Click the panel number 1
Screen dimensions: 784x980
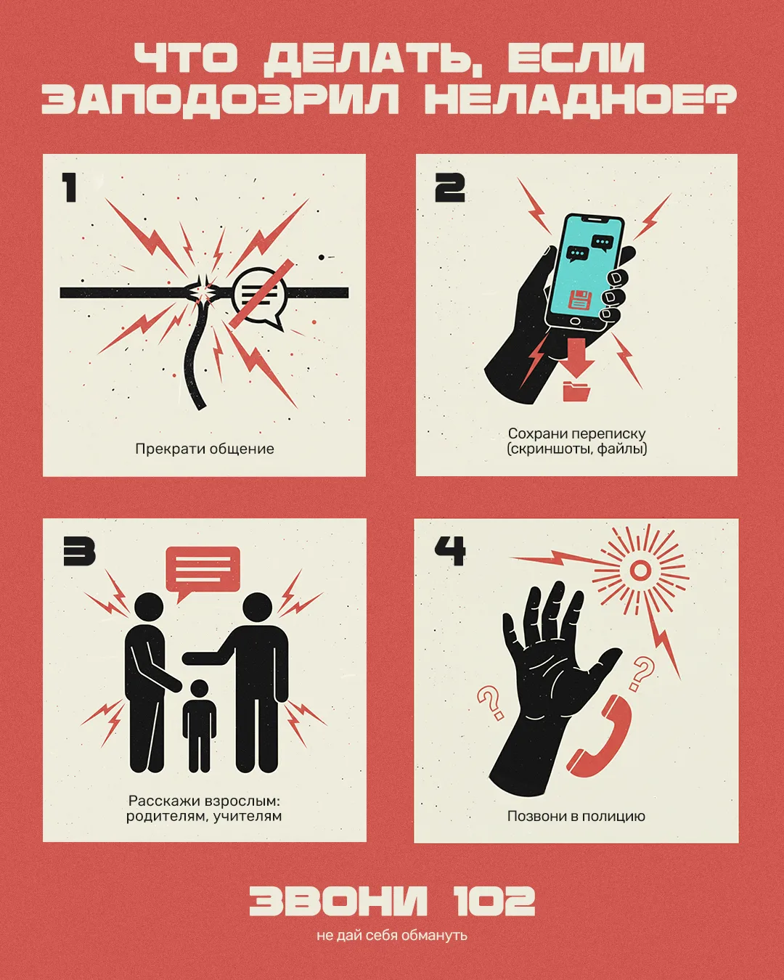coord(70,187)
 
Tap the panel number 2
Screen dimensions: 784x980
coord(450,187)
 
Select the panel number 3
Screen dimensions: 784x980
coord(79,551)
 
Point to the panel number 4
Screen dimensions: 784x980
coord(450,550)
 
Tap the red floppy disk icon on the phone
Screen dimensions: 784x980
coord(580,300)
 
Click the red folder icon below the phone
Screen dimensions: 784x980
coord(576,391)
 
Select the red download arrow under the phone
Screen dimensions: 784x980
coord(576,357)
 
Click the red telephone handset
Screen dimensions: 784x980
coord(599,738)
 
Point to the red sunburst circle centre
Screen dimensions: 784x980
coord(640,570)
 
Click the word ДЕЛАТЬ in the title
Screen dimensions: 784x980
coord(367,58)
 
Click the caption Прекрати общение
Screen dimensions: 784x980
coord(205,449)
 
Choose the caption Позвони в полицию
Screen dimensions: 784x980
coord(576,816)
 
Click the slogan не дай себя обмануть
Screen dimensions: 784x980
coord(392,936)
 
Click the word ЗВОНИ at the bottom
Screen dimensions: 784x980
coord(338,900)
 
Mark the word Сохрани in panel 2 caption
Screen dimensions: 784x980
coord(537,433)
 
